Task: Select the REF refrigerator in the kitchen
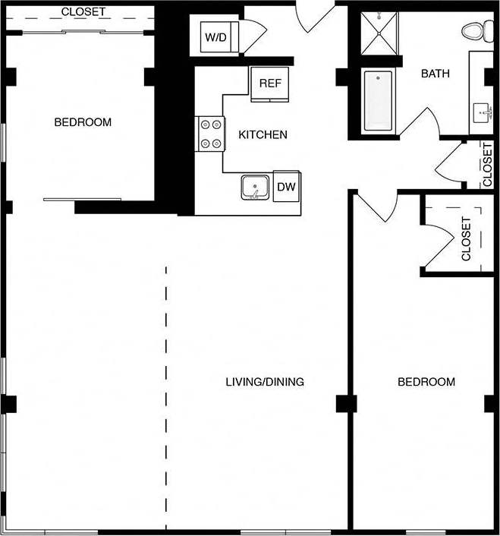point(270,83)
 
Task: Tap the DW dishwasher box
point(286,186)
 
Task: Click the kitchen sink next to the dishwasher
point(256,187)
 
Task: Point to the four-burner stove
point(210,134)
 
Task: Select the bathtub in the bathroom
point(378,101)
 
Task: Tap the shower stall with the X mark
point(377,33)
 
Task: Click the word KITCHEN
point(263,135)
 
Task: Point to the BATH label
point(436,74)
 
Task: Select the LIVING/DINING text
point(265,382)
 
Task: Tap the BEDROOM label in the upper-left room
point(83,122)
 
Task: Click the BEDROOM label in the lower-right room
point(426,382)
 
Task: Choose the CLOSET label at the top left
point(83,12)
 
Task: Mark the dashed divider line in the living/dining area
point(166,395)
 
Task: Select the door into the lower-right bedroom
point(376,205)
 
